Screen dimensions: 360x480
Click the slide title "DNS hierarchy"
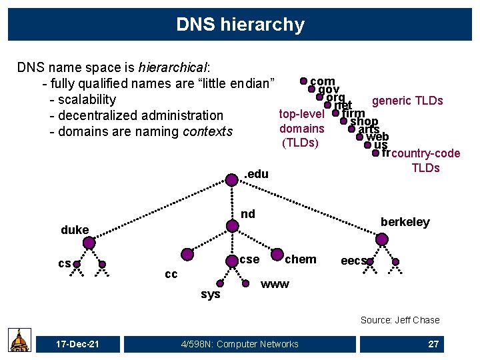(240, 25)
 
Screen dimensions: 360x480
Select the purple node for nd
(232, 226)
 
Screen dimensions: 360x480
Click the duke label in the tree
(75, 230)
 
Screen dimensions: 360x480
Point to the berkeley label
(405, 222)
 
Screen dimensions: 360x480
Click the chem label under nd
(301, 259)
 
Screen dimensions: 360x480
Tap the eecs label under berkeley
(353, 261)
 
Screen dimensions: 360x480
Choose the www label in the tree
(275, 285)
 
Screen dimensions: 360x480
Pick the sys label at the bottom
(210, 294)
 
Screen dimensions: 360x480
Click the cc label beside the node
(171, 274)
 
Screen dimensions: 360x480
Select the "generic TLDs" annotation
(407, 101)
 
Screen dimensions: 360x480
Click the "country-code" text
(426, 154)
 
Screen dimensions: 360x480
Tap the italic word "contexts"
(207, 131)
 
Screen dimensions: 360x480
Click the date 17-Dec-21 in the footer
(79, 344)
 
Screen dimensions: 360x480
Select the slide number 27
(433, 344)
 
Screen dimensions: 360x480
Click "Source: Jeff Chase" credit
(400, 320)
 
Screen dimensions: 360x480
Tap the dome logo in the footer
(19, 340)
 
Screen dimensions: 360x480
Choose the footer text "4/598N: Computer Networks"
(239, 344)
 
